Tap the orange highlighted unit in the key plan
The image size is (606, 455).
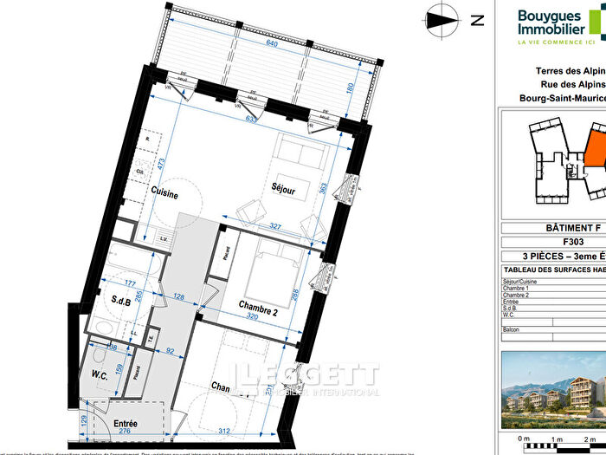pyautogui.click(x=596, y=146)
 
